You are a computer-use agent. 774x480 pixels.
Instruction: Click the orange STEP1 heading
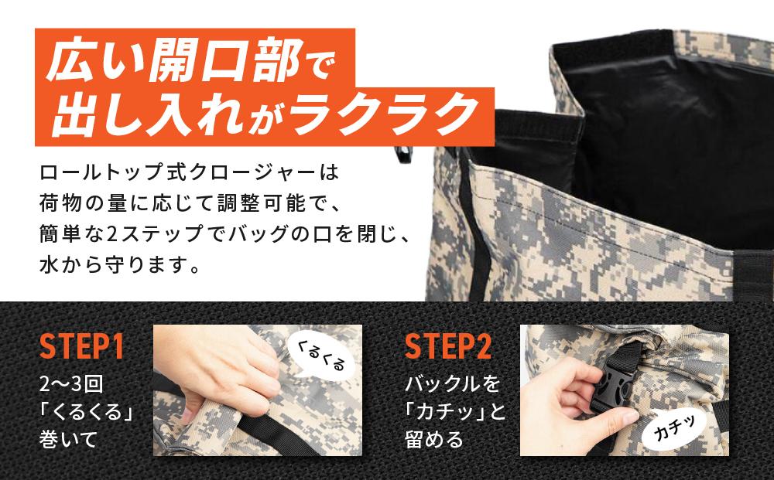81,348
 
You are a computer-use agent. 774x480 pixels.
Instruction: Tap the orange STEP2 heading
448,348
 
